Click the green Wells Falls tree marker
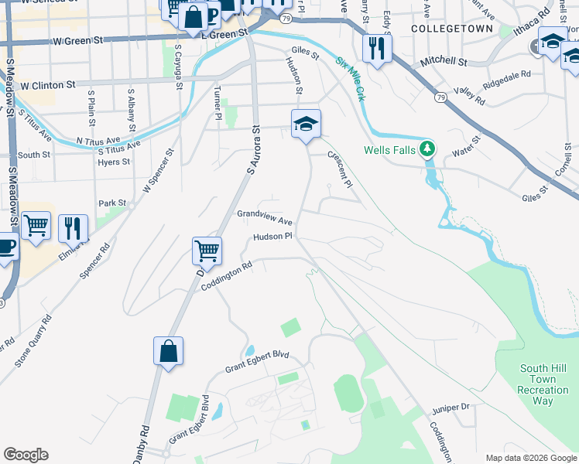[427, 149]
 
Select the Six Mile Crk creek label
[350, 80]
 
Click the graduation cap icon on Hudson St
[306, 124]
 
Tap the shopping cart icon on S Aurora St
[207, 251]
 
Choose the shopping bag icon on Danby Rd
[168, 351]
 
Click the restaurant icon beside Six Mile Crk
[376, 49]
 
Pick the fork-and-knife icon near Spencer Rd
[73, 228]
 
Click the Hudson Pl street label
[272, 237]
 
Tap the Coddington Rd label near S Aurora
[227, 276]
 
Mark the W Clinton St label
[47, 84]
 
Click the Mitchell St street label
[444, 61]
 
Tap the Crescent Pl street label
[339, 169]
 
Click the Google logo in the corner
[26, 455]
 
